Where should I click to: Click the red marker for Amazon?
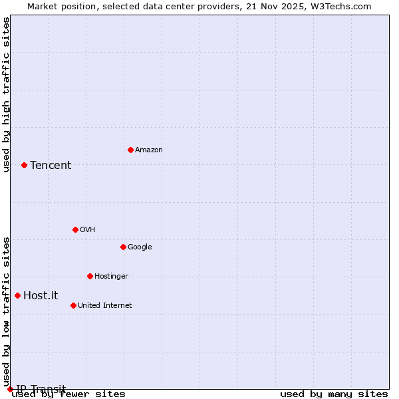pos(130,150)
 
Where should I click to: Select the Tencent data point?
pos(24,165)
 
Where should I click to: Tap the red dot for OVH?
pos(75,229)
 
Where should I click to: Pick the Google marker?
pos(123,247)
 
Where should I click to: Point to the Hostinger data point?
pos(90,276)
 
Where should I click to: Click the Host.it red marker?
pos(17,295)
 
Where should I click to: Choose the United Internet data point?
pos(73,305)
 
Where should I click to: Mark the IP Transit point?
pos(10,389)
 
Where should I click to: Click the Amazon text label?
pos(149,150)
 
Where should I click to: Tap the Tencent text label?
pos(51,166)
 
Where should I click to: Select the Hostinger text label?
pos(111,277)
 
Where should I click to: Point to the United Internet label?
pos(104,306)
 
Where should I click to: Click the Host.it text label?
pos(41,296)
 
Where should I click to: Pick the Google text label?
pos(140,247)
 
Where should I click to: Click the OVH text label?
pos(87,230)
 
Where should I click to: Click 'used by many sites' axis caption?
pos(334,394)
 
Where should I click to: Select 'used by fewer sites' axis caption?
pos(68,394)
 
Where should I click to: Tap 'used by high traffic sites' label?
pos(7,94)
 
